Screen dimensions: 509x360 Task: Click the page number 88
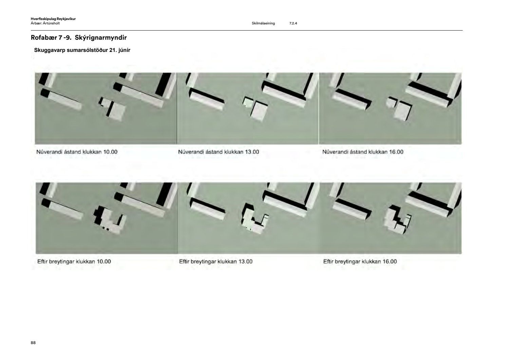33,343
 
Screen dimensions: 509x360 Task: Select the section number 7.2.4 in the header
293,23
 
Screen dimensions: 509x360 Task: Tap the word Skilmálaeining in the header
263,23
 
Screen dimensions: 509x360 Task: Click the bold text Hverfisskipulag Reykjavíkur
53,19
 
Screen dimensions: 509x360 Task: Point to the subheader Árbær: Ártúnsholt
45,23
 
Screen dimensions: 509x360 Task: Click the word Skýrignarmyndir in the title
101,38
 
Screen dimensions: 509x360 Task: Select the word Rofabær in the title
44,38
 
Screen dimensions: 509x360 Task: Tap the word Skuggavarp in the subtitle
50,50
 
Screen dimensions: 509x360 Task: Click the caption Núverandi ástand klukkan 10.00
77,152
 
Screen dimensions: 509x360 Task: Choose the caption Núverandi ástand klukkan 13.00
219,152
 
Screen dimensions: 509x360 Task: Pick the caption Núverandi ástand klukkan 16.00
363,152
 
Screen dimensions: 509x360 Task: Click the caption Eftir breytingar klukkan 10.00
74,262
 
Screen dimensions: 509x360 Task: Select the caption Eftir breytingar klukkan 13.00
216,262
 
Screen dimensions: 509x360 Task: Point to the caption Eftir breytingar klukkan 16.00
360,262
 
